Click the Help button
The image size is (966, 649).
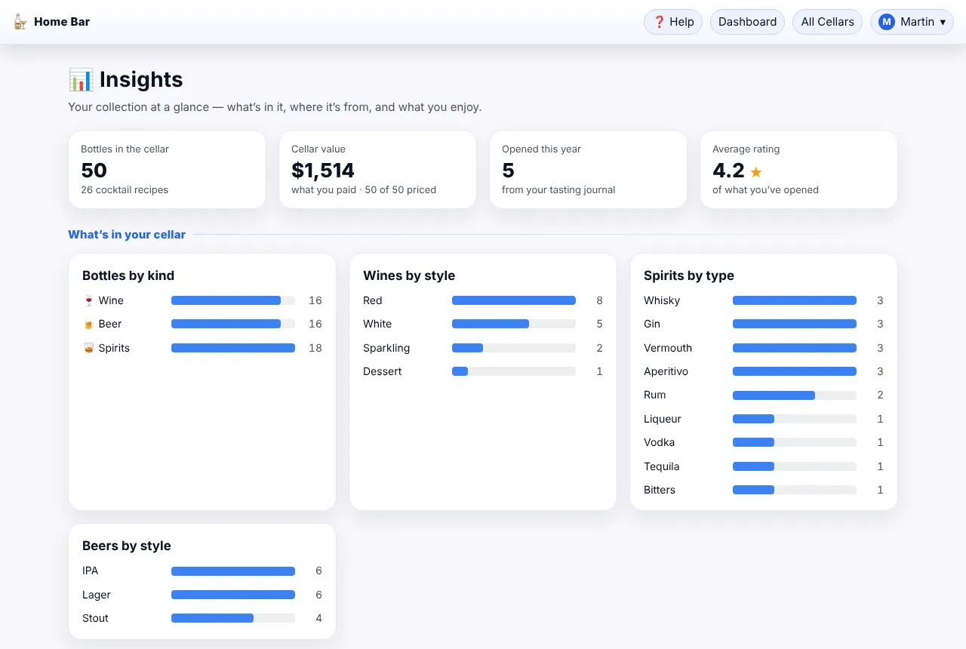click(672, 22)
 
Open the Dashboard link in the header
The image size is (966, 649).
click(747, 22)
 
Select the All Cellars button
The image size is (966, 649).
click(827, 22)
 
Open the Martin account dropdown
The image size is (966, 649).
click(912, 22)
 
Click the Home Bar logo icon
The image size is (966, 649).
click(20, 22)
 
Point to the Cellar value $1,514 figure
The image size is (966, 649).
click(322, 170)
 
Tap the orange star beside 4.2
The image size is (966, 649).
click(756, 171)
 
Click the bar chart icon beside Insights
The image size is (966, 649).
click(81, 80)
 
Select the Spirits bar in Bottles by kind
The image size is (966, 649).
click(233, 348)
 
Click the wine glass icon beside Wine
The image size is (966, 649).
click(88, 300)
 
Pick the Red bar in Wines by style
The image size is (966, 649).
click(514, 300)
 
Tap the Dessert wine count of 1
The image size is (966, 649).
click(599, 371)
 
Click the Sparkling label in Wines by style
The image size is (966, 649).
click(386, 348)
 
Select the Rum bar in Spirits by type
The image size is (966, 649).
click(774, 395)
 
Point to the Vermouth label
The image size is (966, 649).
click(668, 348)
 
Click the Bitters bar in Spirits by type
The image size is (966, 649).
click(753, 490)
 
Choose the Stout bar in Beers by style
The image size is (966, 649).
click(212, 618)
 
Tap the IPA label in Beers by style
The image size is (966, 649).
click(90, 571)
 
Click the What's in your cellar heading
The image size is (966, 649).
click(127, 234)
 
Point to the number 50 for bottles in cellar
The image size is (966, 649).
click(94, 170)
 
